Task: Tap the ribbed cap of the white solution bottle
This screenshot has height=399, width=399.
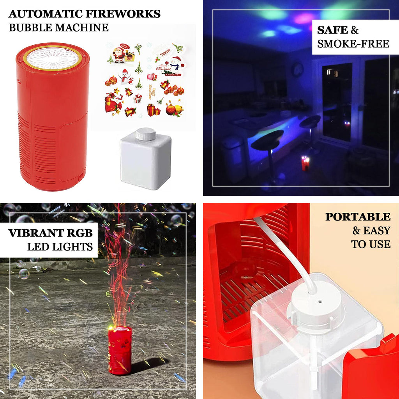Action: point(145,135)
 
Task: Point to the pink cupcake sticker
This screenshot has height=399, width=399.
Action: point(152,76)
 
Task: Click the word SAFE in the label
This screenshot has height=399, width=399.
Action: point(332,30)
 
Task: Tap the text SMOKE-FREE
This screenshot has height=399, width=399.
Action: point(353,44)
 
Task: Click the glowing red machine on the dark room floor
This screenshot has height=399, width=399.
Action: point(305,164)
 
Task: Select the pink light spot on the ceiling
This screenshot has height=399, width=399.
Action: point(304,18)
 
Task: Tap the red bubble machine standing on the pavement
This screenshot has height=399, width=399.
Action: point(120,350)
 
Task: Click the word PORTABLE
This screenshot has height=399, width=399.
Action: point(358,217)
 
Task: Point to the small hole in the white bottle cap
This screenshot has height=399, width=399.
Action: point(320,301)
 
